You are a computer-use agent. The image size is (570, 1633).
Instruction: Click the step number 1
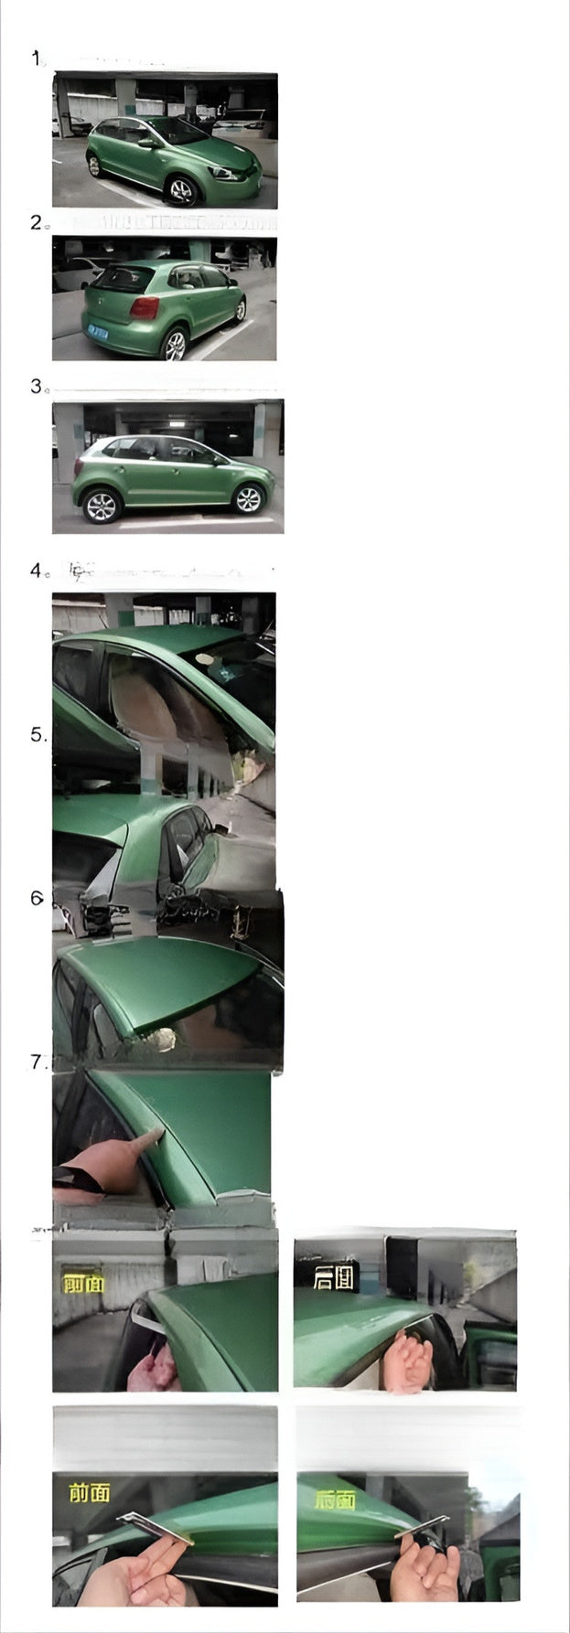(37, 59)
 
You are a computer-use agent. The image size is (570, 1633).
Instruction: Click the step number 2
(37, 222)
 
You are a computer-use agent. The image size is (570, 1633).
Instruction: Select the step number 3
(37, 386)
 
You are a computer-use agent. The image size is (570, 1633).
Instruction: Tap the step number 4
(37, 571)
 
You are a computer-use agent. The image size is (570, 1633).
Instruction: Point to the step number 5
(38, 735)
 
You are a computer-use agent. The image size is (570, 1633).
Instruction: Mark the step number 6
(37, 898)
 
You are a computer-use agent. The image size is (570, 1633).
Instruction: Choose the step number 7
(38, 1062)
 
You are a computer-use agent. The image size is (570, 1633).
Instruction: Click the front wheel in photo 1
(181, 190)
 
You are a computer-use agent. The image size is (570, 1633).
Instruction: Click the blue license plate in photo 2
(96, 332)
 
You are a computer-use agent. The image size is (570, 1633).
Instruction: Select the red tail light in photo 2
(143, 307)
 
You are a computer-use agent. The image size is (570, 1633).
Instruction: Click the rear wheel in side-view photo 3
(101, 506)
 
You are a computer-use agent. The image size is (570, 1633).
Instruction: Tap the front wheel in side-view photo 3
(247, 499)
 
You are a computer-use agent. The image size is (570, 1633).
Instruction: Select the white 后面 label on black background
(334, 1277)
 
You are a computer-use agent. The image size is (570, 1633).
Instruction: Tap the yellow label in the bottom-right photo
(335, 1500)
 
